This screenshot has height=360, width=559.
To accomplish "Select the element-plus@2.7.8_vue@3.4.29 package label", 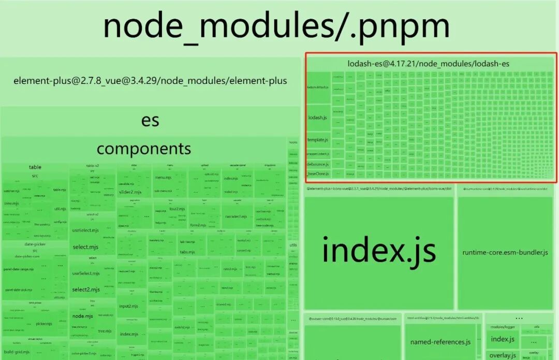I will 150,81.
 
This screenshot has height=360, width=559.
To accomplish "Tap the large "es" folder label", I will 150,120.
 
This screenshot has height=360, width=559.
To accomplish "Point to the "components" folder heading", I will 144,149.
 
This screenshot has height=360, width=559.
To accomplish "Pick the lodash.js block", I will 317,118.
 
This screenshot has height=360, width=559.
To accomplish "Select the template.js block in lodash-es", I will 317,140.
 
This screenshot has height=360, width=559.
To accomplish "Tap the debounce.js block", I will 317,164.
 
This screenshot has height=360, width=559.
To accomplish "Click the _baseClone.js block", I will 317,174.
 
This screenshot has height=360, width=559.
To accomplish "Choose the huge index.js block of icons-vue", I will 379,251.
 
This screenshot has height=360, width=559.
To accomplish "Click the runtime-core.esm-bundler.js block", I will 505,252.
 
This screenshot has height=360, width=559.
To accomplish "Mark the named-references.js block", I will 440,342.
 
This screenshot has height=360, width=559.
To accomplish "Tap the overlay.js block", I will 503,355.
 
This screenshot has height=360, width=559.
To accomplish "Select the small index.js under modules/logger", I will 503,339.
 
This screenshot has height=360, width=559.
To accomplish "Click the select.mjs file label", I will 85,247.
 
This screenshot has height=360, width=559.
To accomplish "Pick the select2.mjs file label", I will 85,290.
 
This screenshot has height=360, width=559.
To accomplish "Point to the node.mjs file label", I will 83,316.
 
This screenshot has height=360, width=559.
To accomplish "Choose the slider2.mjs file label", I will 130,192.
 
